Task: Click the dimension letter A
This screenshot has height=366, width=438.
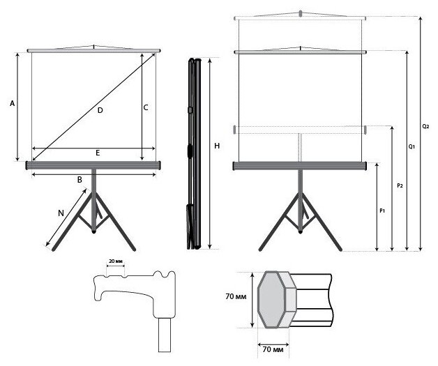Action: point(12,104)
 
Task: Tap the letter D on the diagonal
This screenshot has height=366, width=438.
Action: point(100,111)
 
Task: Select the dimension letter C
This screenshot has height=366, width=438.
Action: point(146,107)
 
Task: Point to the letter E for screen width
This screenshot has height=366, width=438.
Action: point(98,152)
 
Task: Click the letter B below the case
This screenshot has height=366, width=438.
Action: point(80,180)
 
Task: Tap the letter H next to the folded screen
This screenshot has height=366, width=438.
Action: point(217,146)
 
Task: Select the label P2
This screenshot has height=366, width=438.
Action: point(399,186)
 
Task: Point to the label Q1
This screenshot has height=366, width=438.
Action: point(411,148)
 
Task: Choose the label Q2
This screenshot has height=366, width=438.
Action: point(425,127)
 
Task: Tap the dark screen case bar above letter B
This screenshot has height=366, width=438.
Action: point(93,165)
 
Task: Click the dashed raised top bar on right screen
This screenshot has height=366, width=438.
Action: point(301,15)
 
